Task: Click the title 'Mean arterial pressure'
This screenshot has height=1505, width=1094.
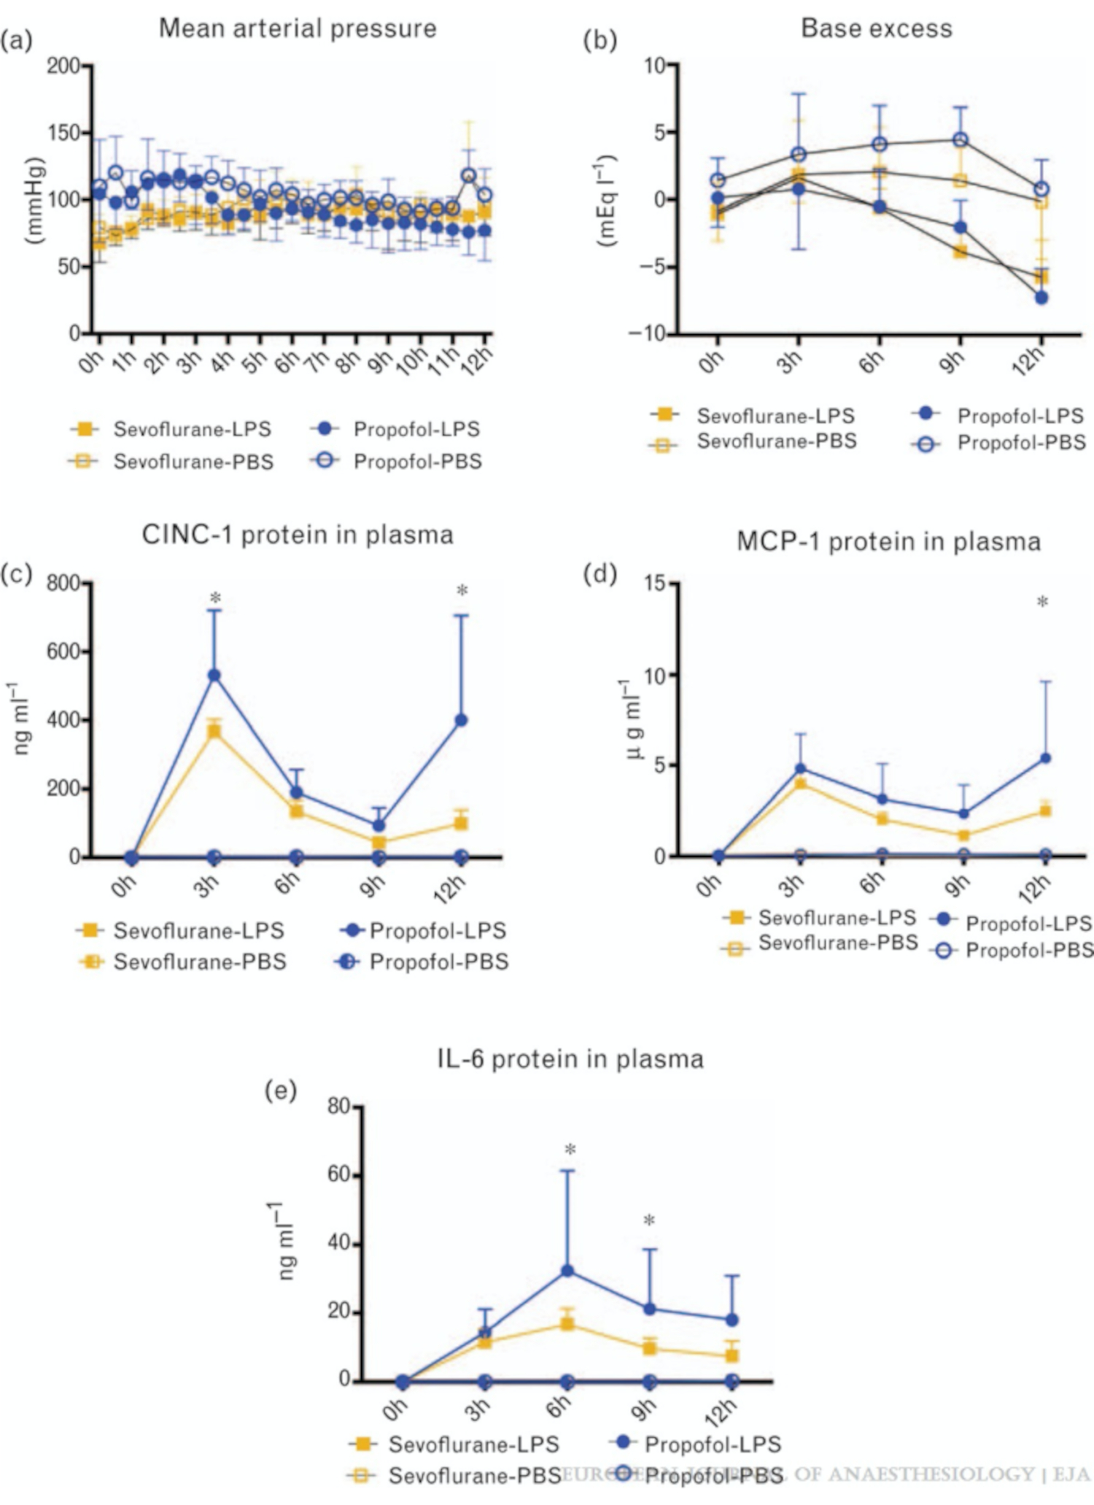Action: [x=298, y=28]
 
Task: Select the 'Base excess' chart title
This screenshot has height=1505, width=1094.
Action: [x=877, y=28]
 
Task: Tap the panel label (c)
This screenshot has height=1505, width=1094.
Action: [x=17, y=574]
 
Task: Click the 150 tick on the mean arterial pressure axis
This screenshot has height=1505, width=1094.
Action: [x=63, y=133]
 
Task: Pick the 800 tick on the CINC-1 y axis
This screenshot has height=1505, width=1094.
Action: [x=63, y=583]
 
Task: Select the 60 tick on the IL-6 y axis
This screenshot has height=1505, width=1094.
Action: [x=339, y=1175]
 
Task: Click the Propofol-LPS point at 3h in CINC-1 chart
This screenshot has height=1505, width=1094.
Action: [x=214, y=676]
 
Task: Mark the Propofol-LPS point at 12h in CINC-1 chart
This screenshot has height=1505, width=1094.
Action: [x=461, y=721]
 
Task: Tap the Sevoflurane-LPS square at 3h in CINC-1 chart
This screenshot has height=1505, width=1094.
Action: [x=214, y=731]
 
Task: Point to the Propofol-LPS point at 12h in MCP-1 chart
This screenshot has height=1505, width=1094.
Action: [x=1044, y=759]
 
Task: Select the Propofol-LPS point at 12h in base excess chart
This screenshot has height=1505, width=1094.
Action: [x=1041, y=298]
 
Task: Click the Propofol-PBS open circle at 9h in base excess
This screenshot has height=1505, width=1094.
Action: [x=961, y=139]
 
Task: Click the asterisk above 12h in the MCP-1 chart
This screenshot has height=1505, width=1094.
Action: [x=1043, y=603]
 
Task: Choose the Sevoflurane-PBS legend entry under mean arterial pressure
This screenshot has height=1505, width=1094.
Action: [x=193, y=462]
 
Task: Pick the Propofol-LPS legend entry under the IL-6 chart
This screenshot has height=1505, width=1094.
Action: [x=713, y=1444]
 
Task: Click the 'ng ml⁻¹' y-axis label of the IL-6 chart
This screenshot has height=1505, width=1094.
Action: [x=285, y=1242]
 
